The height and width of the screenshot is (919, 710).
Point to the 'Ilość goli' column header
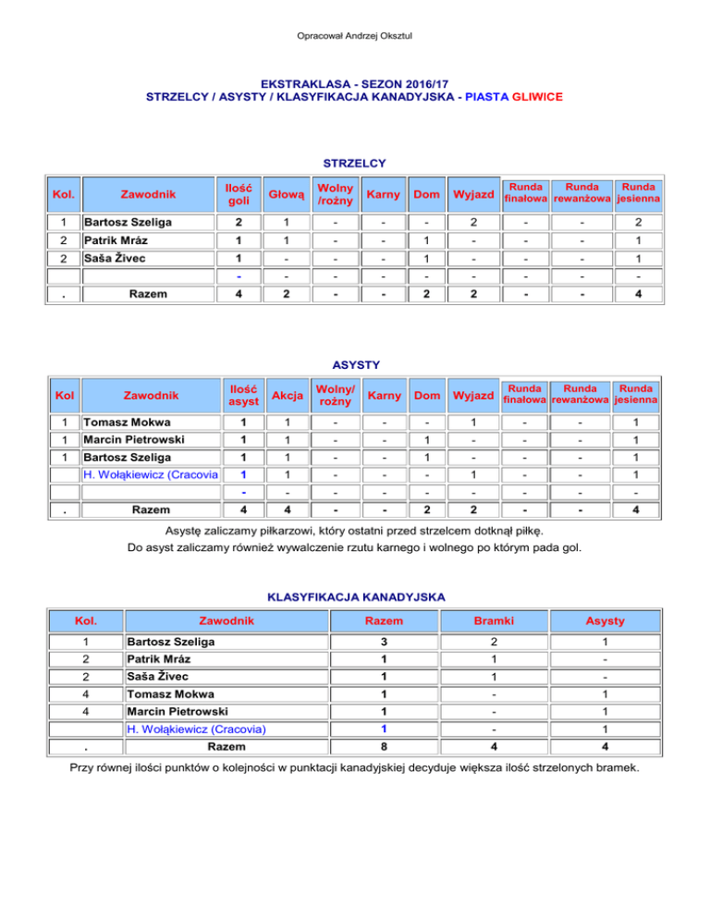[x=239, y=195]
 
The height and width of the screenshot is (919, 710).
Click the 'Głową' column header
[x=281, y=195]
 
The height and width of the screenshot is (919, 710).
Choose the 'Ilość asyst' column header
[x=239, y=396]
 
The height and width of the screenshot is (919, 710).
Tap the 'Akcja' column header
[x=281, y=396]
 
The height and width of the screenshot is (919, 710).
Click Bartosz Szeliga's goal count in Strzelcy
[x=239, y=222]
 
